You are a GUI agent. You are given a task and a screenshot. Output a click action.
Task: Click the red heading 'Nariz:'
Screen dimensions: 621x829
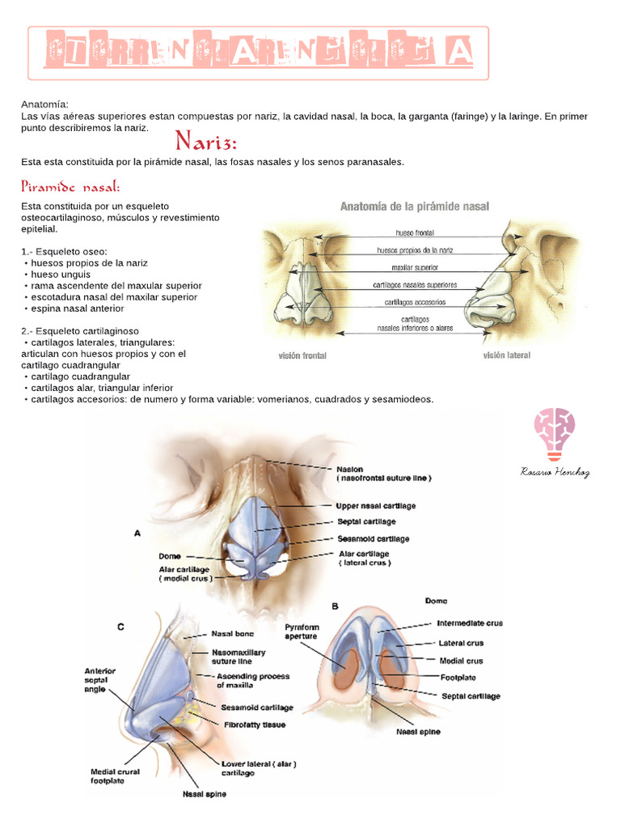pyautogui.click(x=206, y=143)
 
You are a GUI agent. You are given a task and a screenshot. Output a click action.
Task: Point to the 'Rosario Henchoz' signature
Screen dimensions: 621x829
pyautogui.click(x=555, y=472)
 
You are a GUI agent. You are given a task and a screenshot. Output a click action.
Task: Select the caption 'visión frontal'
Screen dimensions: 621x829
pyautogui.click(x=302, y=355)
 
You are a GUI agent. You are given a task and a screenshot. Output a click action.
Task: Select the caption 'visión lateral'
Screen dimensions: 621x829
pyautogui.click(x=507, y=355)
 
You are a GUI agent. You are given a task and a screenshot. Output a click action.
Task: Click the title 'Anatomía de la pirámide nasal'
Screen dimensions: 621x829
pyautogui.click(x=414, y=206)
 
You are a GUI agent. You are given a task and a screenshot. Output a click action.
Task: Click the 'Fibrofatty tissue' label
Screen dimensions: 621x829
pyautogui.click(x=255, y=725)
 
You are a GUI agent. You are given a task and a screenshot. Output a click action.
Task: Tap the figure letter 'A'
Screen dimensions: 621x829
pyautogui.click(x=137, y=533)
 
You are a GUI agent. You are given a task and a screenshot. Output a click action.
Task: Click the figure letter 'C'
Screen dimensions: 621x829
pyautogui.click(x=120, y=626)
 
